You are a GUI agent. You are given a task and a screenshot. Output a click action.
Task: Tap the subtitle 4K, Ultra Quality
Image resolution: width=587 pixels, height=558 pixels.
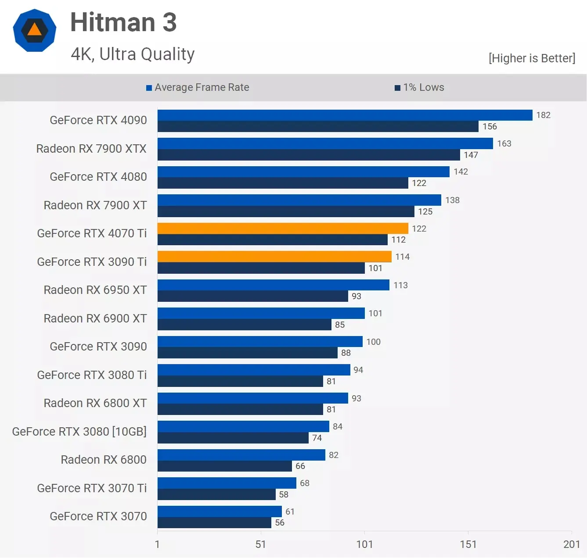tap(133, 54)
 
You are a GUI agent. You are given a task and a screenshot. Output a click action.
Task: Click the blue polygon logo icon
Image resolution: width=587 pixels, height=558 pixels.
tap(35, 30)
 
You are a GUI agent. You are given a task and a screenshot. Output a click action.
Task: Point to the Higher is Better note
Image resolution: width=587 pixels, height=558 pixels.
tap(532, 58)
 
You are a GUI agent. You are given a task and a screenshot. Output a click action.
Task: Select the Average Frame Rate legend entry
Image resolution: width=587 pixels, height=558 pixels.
tap(198, 87)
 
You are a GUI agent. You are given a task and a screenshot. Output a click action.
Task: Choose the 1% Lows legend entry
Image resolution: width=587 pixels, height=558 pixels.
tap(419, 87)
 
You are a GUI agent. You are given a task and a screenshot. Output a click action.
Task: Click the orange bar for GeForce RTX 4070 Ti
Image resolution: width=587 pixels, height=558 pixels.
tap(283, 228)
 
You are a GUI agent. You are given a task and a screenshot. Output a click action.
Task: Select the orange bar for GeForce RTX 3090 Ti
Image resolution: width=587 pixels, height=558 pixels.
tap(274, 257)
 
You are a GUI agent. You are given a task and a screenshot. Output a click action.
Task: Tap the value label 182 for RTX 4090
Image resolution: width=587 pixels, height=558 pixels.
tap(543, 115)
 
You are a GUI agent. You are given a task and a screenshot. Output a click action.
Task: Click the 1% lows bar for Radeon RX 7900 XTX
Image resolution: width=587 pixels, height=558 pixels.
tap(309, 155)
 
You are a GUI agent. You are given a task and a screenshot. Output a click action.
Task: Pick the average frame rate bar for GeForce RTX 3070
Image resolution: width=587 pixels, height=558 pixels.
tap(220, 511)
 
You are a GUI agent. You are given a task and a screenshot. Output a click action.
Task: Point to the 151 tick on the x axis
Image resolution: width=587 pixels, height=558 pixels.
tap(468, 544)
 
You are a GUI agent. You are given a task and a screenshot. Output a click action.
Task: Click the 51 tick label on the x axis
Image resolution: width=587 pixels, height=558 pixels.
tap(261, 544)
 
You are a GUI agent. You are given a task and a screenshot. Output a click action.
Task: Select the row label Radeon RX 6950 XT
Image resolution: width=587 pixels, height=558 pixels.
tap(95, 290)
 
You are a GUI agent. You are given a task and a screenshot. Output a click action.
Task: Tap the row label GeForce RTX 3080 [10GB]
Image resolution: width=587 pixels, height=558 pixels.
tap(79, 432)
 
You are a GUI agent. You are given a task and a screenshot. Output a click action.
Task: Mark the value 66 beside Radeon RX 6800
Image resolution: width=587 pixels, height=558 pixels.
tap(300, 466)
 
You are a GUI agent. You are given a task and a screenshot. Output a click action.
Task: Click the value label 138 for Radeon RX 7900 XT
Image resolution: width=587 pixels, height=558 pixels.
tap(452, 200)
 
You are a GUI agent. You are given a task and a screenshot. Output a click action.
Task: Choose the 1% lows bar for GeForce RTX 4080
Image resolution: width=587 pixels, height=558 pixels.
tap(283, 183)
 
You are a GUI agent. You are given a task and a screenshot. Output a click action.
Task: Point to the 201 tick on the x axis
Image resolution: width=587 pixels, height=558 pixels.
tap(571, 544)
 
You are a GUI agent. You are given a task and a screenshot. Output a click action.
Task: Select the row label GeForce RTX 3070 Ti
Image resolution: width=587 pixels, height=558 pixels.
tap(92, 488)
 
